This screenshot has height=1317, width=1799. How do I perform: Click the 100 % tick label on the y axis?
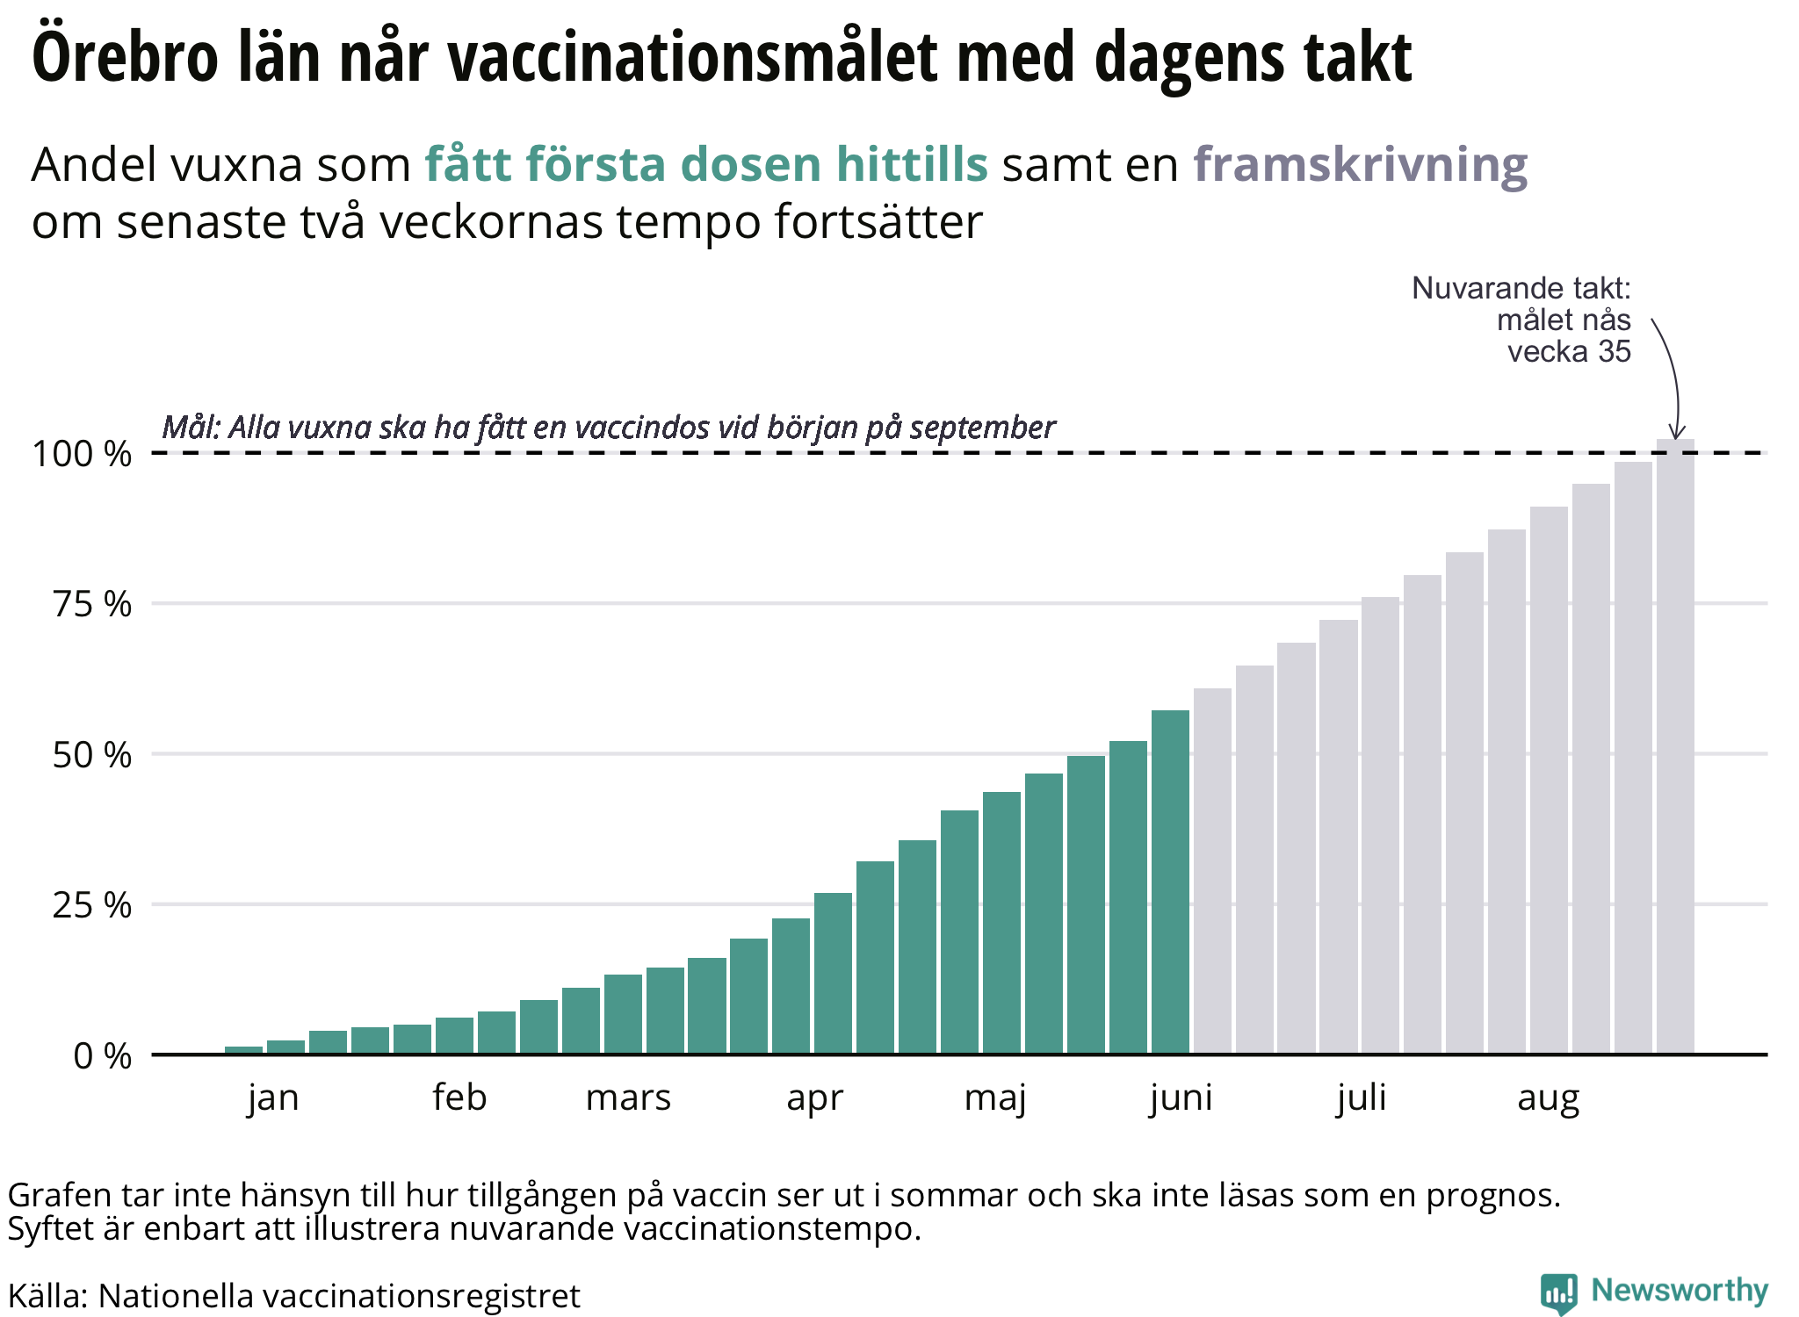pyautogui.click(x=82, y=454)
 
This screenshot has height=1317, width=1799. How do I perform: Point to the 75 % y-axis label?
pyautogui.click(x=92, y=604)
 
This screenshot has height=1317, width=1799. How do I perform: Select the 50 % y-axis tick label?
pyautogui.click(x=92, y=755)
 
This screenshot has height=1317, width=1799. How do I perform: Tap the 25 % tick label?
pyautogui.click(x=92, y=905)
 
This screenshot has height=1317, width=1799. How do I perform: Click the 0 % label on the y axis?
pyautogui.click(x=103, y=1056)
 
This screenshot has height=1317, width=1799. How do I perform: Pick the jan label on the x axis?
pyautogui.click(x=273, y=1098)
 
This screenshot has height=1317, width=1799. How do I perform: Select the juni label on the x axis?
pyautogui.click(x=1181, y=1098)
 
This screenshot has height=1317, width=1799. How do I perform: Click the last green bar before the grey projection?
pyautogui.click(x=1170, y=882)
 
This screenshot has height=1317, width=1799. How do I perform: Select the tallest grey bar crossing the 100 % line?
pyautogui.click(x=1675, y=746)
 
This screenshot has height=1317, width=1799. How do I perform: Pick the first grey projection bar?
pyautogui.click(x=1212, y=871)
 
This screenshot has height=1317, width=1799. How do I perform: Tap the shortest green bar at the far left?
pyautogui.click(x=243, y=1050)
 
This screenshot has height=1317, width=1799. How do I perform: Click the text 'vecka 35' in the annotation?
pyautogui.click(x=1569, y=352)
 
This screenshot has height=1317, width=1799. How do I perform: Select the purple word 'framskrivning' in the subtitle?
pyautogui.click(x=1361, y=165)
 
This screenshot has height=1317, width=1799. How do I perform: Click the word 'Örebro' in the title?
pyautogui.click(x=126, y=57)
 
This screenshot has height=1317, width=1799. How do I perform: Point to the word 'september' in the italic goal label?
pyautogui.click(x=982, y=428)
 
